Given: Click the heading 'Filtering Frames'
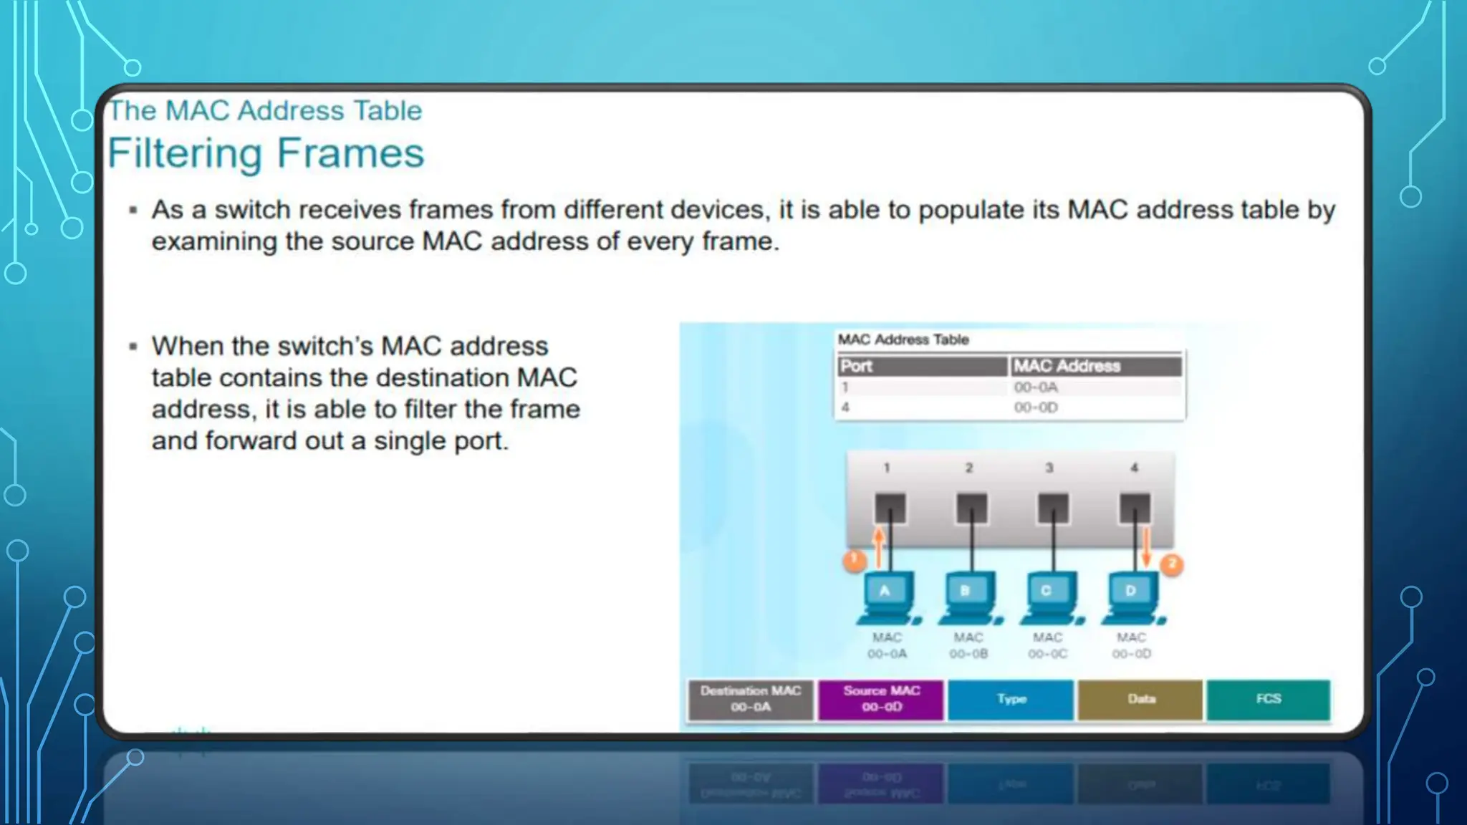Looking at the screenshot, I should [x=266, y=153].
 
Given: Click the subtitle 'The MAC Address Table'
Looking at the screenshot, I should [x=265, y=111].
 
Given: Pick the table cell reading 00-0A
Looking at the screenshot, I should [x=1036, y=387].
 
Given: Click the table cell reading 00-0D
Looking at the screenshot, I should [x=1036, y=407].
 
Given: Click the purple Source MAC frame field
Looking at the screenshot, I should [x=881, y=699].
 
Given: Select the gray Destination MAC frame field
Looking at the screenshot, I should [x=751, y=699].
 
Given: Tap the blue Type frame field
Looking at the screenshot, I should [x=1011, y=699].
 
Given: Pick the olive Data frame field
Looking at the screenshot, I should [x=1140, y=699].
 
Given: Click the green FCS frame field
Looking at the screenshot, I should [x=1269, y=699].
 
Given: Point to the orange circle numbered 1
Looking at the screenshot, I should [x=854, y=560].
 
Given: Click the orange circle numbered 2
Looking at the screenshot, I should [x=1172, y=565].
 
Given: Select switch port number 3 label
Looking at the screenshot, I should [x=1049, y=468].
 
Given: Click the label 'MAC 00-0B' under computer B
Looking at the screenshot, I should [x=968, y=645].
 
